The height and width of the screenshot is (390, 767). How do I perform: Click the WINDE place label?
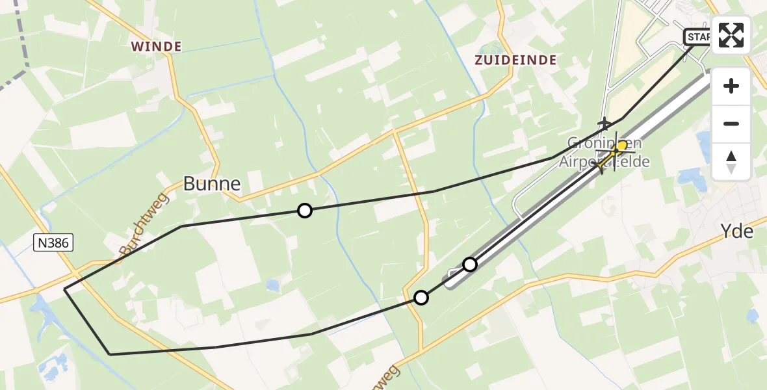[155, 46]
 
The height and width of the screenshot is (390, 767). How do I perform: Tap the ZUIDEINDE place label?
[515, 60]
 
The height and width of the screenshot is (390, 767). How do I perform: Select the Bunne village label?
[212, 184]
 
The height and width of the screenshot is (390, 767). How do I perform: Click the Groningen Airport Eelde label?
[604, 153]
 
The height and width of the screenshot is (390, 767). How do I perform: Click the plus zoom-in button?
[731, 86]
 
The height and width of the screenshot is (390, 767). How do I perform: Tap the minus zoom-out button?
[731, 123]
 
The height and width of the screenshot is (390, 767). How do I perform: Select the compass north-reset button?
[731, 161]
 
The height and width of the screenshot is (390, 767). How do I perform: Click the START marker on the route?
[697, 37]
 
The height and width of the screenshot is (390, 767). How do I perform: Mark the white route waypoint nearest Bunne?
[304, 210]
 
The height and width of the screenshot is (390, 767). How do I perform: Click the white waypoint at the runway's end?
[470, 264]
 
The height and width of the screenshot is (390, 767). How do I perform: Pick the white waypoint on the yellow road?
[421, 298]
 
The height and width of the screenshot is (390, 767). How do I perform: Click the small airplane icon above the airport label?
[604, 123]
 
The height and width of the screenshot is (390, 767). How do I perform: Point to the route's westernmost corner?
[65, 290]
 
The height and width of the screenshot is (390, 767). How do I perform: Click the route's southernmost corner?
[110, 354]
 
